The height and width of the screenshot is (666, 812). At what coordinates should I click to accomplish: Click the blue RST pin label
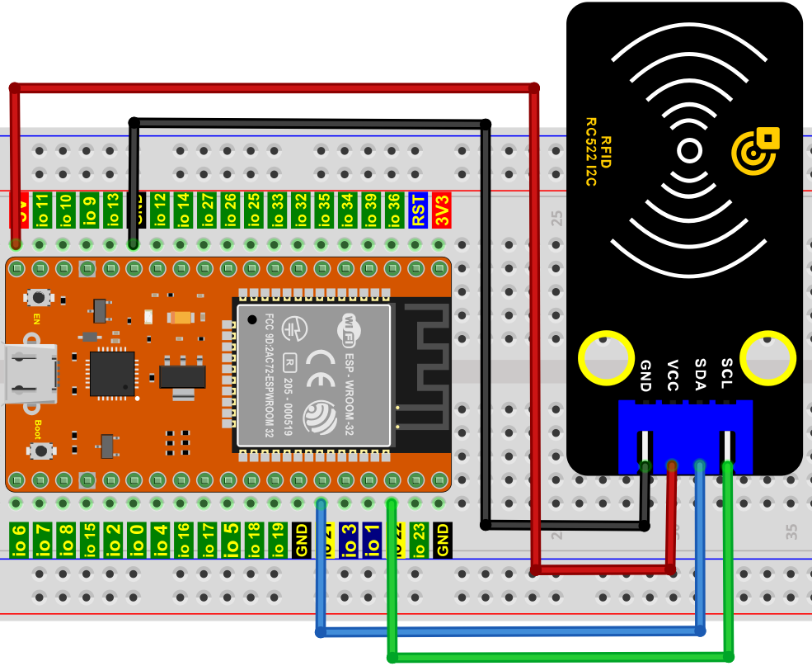[x=419, y=210]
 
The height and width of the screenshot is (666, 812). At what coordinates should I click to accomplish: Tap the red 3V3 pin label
[x=442, y=210]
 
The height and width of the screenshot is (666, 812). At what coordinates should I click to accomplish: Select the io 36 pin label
[x=395, y=210]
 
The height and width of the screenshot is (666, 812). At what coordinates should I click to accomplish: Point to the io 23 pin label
[x=420, y=540]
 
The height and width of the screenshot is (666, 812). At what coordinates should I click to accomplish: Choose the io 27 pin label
[x=207, y=210]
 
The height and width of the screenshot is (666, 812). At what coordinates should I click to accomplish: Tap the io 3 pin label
[x=349, y=540]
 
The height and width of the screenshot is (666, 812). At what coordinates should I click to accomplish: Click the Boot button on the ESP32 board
[x=38, y=450]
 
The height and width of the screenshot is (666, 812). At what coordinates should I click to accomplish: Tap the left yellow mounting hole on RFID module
[x=606, y=358]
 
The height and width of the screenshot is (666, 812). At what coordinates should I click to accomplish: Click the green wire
[x=561, y=657]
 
